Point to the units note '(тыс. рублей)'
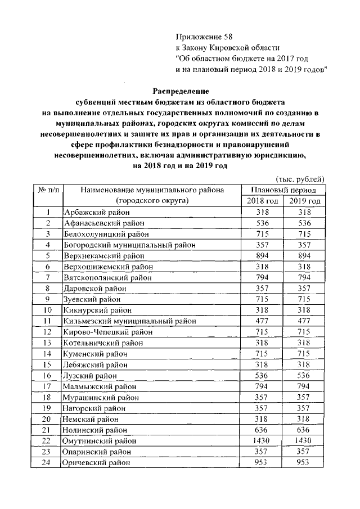301,179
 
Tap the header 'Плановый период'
283,190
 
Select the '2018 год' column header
263,201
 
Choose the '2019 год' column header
305,201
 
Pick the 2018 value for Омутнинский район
263,441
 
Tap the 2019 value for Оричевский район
305,462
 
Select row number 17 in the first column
48,387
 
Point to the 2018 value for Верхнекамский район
263,255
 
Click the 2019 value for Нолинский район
305,430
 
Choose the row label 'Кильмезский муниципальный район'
130,321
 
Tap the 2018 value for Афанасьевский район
263,223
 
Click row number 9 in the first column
48,299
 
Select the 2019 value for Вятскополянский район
305,277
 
